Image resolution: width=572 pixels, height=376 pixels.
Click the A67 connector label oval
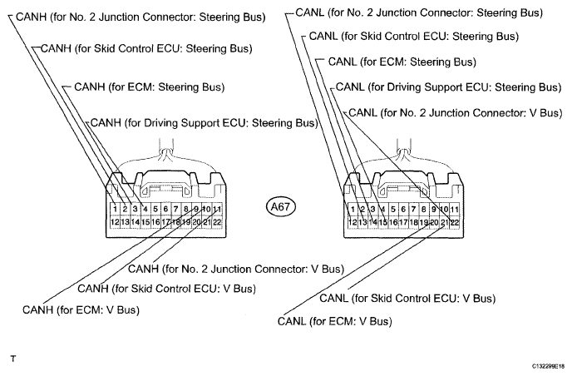point(280,207)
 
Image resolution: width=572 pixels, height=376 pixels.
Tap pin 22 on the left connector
point(217,222)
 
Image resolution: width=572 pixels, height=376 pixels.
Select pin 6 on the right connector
point(403,209)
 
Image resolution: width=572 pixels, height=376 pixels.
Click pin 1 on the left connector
point(115,209)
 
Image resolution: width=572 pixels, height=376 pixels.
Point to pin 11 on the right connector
point(454,209)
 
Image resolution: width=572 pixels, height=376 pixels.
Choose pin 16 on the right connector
point(393,222)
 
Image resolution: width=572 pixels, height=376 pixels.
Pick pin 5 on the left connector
point(155,209)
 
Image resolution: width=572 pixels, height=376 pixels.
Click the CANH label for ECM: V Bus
point(81,310)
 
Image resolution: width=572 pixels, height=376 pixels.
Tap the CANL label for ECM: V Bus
point(334,321)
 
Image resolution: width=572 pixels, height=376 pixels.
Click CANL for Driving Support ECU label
point(448,87)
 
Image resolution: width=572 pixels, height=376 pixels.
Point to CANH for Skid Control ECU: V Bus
point(167,289)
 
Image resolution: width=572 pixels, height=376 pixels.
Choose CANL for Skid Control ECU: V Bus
point(407,299)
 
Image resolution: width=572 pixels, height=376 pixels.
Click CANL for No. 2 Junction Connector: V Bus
point(456,113)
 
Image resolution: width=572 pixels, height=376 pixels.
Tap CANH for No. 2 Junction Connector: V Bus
point(236,269)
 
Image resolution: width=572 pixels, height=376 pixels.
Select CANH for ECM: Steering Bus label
point(149,87)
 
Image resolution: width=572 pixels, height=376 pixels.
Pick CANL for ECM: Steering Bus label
point(402,62)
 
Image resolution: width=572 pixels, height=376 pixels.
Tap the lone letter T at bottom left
point(13,359)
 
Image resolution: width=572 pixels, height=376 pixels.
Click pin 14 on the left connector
point(135,222)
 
